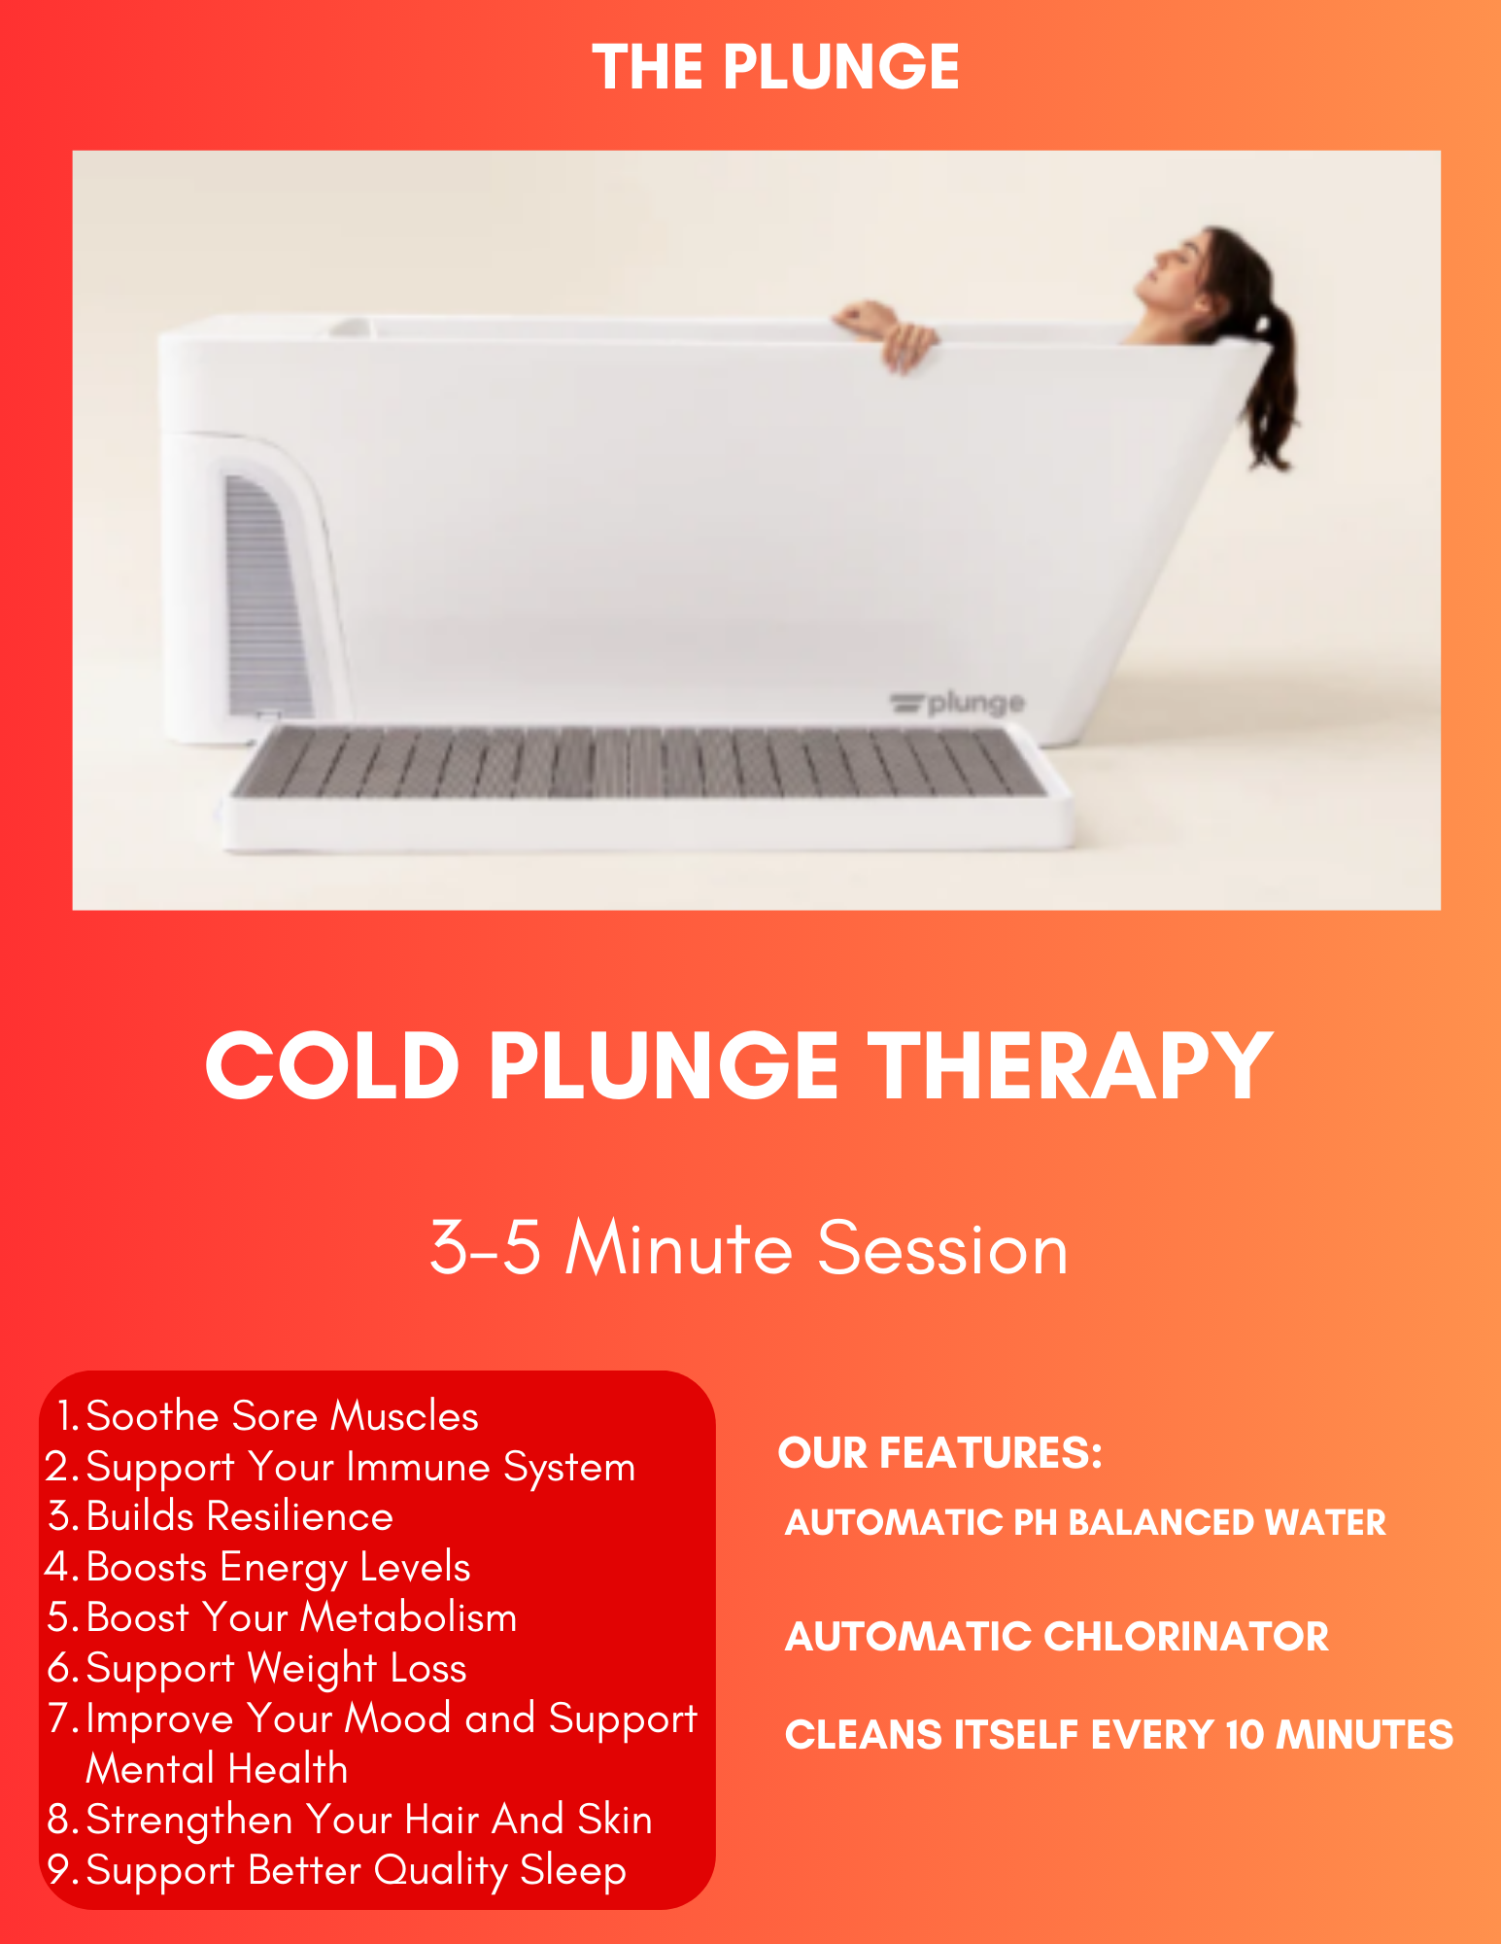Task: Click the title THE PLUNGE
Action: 775,67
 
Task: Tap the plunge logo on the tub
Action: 957,702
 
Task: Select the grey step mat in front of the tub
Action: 641,763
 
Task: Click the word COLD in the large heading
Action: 332,1066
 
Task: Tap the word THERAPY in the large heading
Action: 1069,1066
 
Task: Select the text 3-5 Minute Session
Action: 749,1248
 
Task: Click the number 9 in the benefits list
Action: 59,1869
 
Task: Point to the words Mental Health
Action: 217,1769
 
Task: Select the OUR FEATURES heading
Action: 940,1453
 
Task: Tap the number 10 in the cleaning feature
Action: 1245,1735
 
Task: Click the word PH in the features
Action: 1036,1523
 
